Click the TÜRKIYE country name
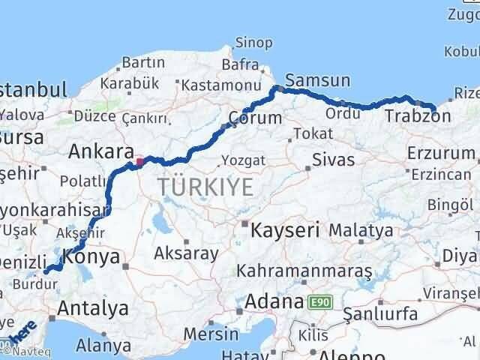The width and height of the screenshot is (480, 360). [x=205, y=187]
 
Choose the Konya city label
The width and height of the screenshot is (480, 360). [x=91, y=256]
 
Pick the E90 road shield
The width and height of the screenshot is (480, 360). [x=319, y=302]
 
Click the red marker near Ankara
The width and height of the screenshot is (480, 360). [x=138, y=160]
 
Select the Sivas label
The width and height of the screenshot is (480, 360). [x=333, y=160]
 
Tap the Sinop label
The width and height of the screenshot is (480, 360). [x=253, y=43]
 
